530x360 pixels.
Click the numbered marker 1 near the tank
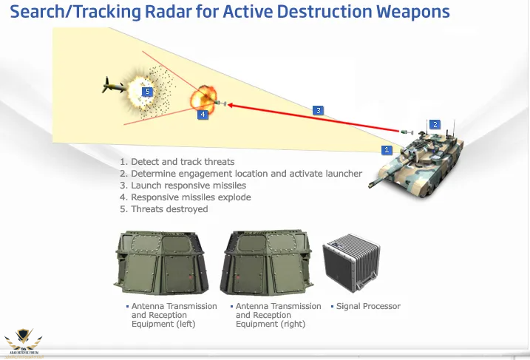click(x=386, y=149)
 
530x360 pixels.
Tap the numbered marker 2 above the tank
click(x=435, y=124)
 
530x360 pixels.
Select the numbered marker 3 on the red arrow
click(x=318, y=110)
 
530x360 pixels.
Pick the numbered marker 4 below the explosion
click(x=203, y=115)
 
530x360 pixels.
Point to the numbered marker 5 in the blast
click(x=147, y=92)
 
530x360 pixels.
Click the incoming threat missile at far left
click(x=111, y=86)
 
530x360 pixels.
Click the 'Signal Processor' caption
click(x=368, y=306)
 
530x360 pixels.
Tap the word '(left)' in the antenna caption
click(x=181, y=324)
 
